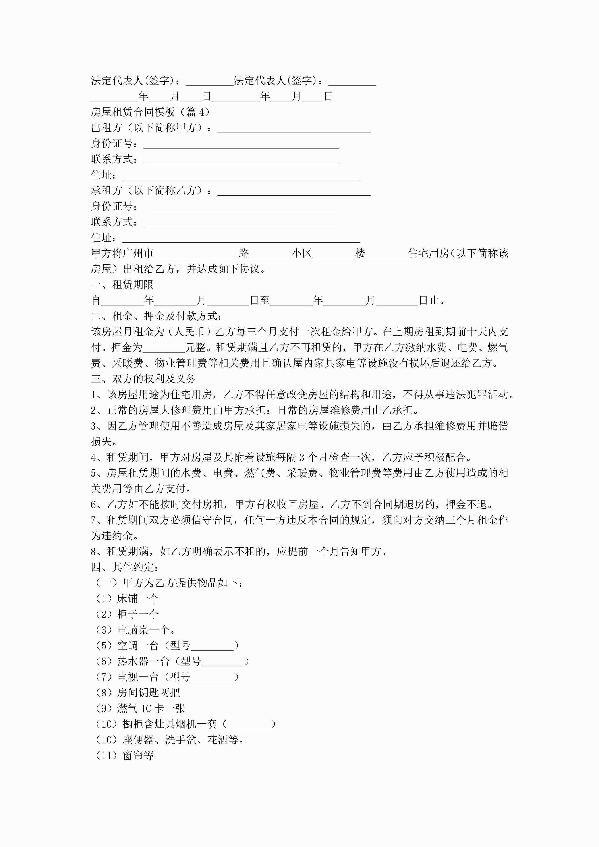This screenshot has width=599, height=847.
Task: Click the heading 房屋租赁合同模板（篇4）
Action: [x=150, y=112]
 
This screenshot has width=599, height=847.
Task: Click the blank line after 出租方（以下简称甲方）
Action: [x=294, y=128]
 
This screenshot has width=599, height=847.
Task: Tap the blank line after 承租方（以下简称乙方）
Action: [x=294, y=191]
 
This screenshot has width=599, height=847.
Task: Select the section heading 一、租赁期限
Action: [x=122, y=284]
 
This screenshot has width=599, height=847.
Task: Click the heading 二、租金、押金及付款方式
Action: [x=157, y=316]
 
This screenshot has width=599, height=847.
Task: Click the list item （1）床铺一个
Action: [x=127, y=598]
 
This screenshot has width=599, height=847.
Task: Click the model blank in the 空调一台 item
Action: [x=212, y=646]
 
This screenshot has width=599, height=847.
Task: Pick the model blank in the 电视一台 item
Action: [x=212, y=677]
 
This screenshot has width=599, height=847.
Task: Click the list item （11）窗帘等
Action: [x=125, y=755]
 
